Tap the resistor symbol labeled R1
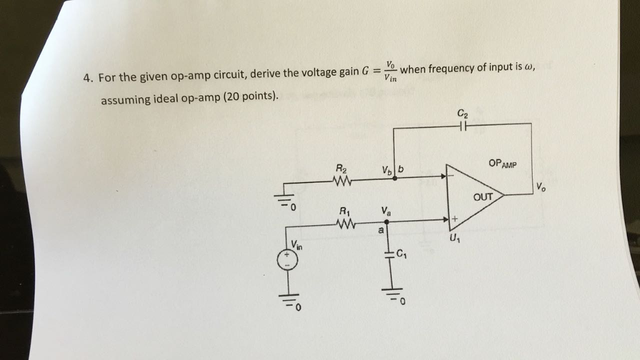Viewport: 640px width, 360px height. pos(345,223)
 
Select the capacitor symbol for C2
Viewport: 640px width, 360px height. pos(462,126)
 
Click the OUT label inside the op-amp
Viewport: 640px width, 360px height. pos(483,197)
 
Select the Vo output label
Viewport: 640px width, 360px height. pos(541,186)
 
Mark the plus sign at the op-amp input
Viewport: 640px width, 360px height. pos(455,219)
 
